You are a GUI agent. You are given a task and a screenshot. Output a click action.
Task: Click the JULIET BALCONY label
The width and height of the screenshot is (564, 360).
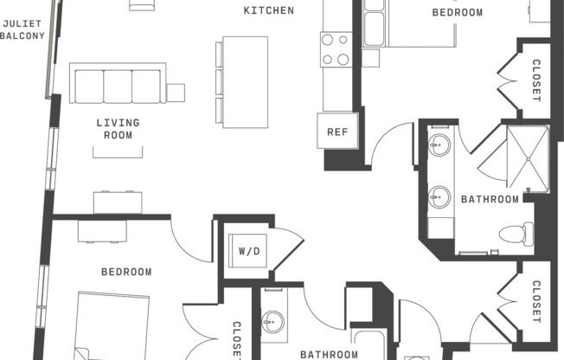(22, 29)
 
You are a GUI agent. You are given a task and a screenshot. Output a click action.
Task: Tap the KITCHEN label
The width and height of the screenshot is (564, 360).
(268, 11)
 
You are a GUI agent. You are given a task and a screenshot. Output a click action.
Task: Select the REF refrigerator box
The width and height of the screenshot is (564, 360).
(336, 132)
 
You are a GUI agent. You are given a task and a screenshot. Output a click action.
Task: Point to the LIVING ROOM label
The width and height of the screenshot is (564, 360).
(118, 129)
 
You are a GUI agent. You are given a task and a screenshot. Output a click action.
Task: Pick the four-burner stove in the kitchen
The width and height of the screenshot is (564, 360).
(336, 49)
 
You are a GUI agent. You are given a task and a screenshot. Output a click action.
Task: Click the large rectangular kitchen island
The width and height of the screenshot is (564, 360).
(245, 81)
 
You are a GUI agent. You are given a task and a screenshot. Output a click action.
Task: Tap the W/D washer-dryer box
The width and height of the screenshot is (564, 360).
(249, 251)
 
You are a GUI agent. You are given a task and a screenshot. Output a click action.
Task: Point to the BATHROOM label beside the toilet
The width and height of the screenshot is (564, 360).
(490, 199)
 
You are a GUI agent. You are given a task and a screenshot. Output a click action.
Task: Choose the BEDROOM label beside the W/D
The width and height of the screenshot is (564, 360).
(126, 272)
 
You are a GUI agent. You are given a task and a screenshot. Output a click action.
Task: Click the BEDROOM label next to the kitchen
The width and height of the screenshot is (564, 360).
(458, 12)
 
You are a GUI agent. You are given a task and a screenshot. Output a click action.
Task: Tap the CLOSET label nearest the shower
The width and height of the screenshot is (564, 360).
(535, 80)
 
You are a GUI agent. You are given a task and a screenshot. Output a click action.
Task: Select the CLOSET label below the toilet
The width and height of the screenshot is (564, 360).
(535, 302)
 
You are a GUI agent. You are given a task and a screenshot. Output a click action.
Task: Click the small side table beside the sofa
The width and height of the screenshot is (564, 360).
(176, 92)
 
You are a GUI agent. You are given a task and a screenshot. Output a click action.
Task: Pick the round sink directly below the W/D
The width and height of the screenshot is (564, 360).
(273, 323)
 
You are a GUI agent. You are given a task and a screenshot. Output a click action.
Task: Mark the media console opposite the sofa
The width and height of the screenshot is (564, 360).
(118, 202)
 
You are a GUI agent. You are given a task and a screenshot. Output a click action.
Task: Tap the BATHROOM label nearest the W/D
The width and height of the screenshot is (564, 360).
(329, 354)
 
